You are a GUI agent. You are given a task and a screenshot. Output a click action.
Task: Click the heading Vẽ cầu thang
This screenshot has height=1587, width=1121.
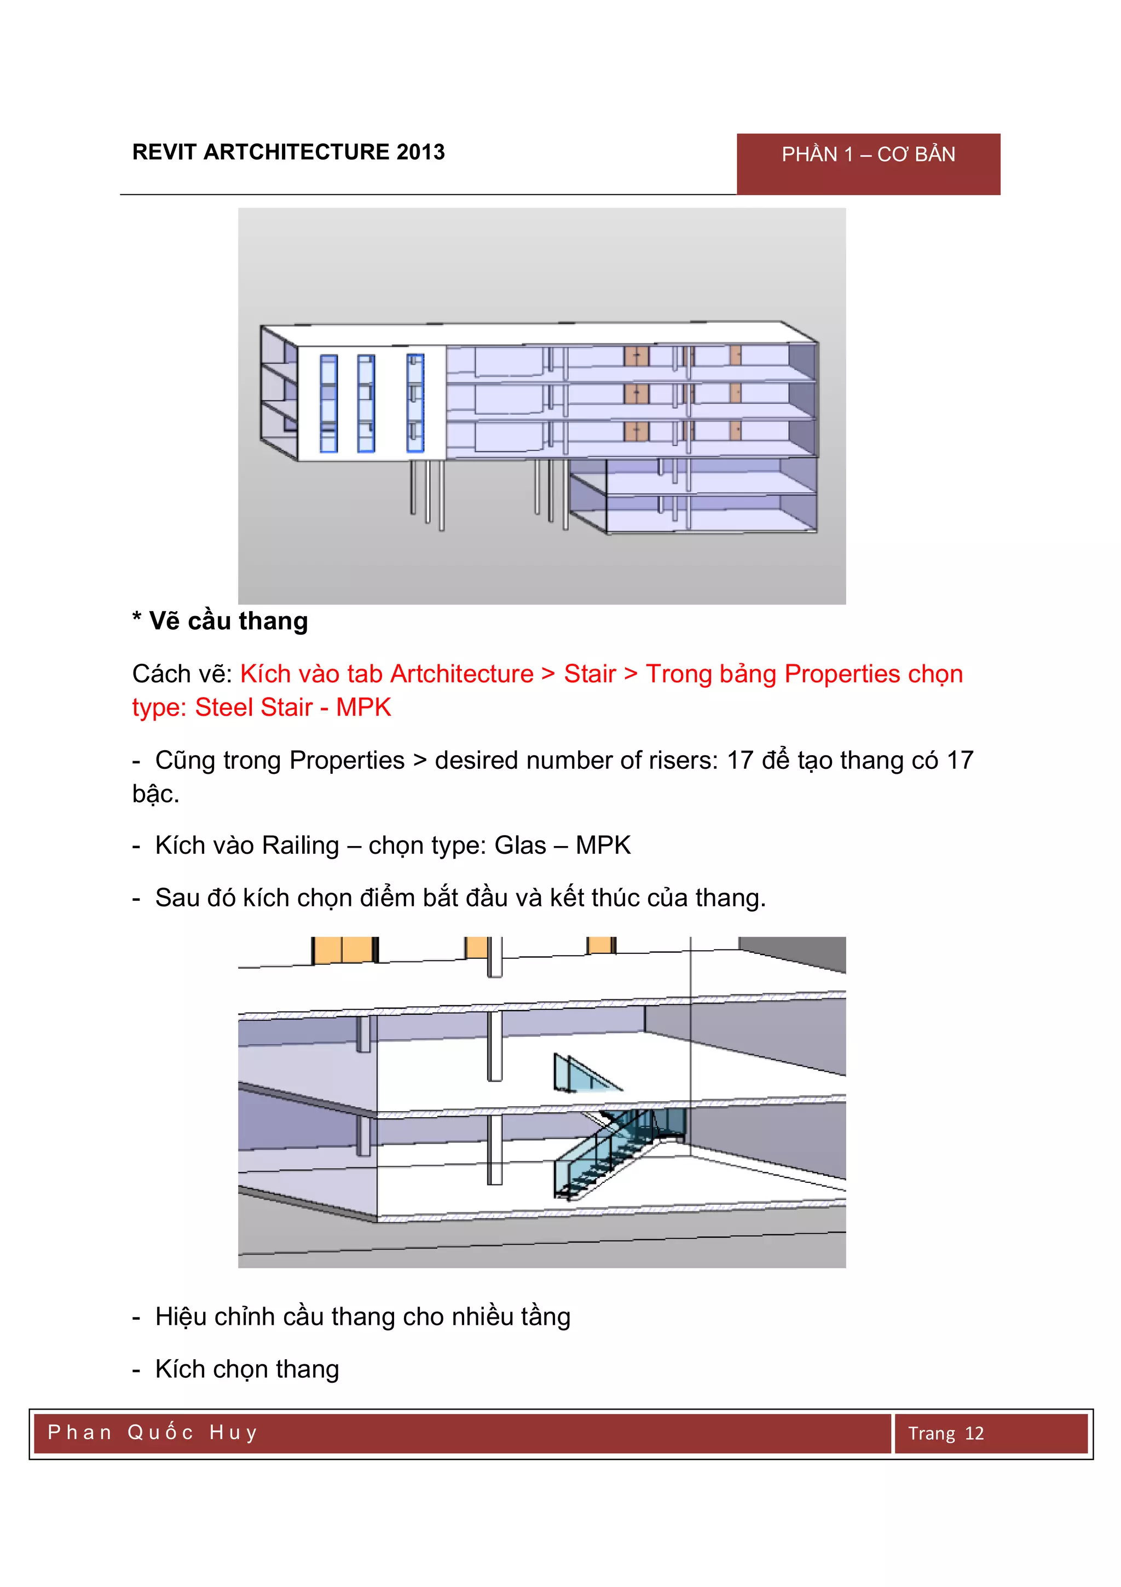pos(228,620)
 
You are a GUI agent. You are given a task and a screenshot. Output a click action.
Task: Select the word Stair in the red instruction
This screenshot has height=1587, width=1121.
pos(589,674)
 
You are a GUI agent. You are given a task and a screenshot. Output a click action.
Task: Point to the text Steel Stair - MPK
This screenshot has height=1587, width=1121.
pos(293,707)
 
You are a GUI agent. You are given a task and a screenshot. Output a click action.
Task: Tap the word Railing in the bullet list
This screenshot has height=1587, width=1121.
pos(301,846)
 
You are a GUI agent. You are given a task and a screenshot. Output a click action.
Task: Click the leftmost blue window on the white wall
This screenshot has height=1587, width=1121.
pos(329,403)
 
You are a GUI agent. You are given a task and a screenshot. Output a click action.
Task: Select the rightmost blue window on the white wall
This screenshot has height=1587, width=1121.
pos(415,403)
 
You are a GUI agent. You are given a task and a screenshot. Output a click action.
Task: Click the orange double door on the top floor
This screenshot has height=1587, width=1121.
pos(636,357)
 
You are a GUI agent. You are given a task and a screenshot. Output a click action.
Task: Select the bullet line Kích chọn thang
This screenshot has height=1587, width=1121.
pos(246,1369)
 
